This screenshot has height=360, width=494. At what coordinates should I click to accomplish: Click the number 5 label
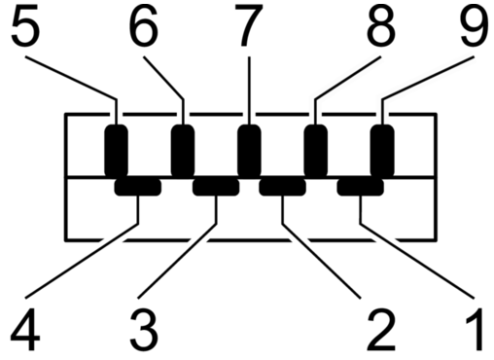point(25,25)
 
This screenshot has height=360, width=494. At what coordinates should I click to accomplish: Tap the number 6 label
point(144,25)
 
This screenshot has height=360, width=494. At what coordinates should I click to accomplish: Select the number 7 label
point(249,25)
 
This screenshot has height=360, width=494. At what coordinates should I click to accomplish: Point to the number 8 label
point(381,25)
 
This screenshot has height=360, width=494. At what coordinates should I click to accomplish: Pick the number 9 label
point(475,25)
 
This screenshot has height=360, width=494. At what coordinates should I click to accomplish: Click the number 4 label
point(25,330)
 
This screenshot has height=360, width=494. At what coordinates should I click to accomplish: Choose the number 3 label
point(144,330)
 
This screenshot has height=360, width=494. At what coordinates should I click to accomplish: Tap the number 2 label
point(381,329)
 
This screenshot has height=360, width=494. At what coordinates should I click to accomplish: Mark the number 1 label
point(475,329)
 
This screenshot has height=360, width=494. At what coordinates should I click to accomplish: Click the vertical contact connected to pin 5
point(116,151)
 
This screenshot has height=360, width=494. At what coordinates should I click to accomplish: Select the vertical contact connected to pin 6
point(183,151)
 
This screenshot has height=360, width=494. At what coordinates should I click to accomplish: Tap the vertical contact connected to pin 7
point(249,151)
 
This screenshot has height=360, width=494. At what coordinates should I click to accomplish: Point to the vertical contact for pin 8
point(316,151)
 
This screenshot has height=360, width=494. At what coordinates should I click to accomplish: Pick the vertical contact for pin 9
point(382,151)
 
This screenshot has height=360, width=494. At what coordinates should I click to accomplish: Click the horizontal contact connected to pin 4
point(138,187)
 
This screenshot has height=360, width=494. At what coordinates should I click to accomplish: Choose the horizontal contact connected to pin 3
point(216,187)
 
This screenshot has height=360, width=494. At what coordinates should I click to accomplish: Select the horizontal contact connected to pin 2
point(282,187)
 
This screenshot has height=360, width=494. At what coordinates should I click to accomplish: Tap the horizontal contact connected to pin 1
point(361,187)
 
